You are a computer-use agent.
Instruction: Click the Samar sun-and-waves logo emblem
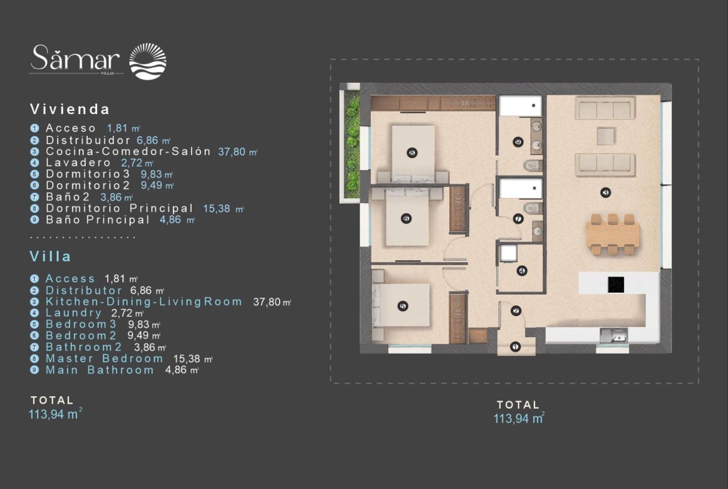[x=147, y=61]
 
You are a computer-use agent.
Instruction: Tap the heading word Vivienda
[x=70, y=109]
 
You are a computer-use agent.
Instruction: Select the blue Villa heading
[x=50, y=257]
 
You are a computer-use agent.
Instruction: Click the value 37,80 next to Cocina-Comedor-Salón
[x=232, y=152]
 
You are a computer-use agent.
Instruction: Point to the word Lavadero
[x=78, y=163]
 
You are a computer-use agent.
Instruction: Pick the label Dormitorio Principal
[x=119, y=208]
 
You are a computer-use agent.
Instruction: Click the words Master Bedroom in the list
[x=105, y=358]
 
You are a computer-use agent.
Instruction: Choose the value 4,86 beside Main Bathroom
[x=176, y=370]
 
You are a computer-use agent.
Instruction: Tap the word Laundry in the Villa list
[x=73, y=313]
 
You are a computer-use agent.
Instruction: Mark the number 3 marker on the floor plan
[x=605, y=192]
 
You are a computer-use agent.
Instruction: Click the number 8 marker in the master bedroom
[x=411, y=153]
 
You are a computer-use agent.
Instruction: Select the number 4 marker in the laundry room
[x=521, y=270]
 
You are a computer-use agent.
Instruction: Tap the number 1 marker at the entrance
[x=515, y=346]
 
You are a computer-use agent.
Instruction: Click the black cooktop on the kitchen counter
[x=616, y=285]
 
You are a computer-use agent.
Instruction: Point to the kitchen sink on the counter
[x=614, y=335]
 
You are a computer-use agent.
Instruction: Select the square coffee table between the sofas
[x=606, y=136]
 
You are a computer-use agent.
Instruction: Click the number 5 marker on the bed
[x=403, y=306]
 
